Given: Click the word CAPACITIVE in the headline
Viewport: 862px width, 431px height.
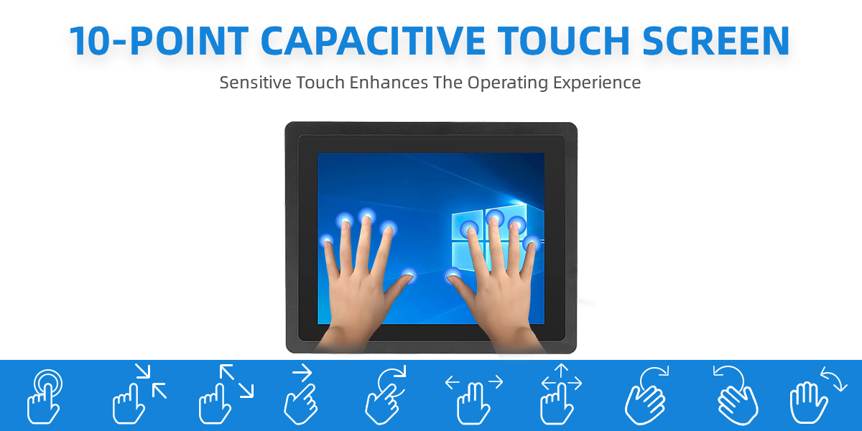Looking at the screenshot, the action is pos(373,40).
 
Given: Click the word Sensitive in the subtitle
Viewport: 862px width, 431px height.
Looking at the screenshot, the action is pos(255,83).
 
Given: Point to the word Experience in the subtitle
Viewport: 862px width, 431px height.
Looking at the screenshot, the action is pos(597,83).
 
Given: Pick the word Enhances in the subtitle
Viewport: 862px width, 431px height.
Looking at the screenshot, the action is pos(389,83).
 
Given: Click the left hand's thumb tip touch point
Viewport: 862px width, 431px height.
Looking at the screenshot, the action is pos(408,275).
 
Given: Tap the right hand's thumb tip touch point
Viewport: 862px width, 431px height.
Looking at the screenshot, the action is pos(453,275).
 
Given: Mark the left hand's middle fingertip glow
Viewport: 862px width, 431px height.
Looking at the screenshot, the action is pos(367,217).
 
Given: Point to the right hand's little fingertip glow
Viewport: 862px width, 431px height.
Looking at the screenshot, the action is pos(532,243).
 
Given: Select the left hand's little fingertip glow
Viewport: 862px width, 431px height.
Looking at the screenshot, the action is pos(327,241).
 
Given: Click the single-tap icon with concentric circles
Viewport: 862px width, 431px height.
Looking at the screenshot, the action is pos(44,396).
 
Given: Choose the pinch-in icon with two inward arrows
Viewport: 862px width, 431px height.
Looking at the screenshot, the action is pos(139,394).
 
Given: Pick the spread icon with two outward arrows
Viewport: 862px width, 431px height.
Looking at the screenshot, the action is pos(226,394).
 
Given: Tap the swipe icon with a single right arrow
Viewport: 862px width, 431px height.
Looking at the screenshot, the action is pos(301,394).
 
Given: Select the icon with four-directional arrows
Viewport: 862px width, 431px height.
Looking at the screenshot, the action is pos(561,394).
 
